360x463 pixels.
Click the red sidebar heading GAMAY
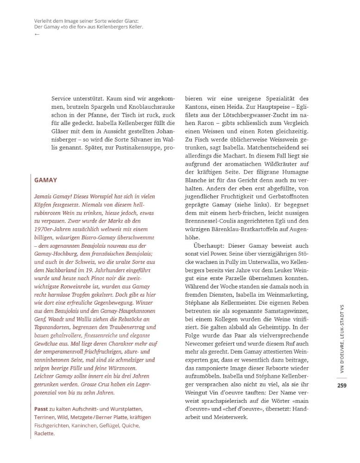(45, 180)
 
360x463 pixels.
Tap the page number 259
(342, 385)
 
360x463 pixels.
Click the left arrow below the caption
(37, 34)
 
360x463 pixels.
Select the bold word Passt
(41, 409)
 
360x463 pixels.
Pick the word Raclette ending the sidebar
(44, 434)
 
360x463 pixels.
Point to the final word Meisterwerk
(230, 418)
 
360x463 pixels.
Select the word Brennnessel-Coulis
(212, 220)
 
